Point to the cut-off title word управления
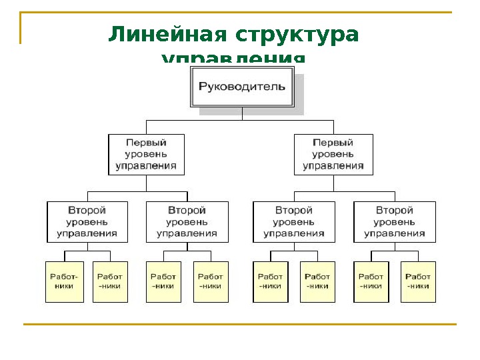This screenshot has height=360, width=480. coord(233,59)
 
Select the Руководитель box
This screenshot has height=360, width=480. coord(243,87)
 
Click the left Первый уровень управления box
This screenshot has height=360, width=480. coord(146,154)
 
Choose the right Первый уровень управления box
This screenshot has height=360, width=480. coord(333,154)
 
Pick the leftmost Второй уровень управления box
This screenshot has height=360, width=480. coord(87,221)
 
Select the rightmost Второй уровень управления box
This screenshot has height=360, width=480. coord(395,221)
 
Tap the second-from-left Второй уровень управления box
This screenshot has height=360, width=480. coord(187,221)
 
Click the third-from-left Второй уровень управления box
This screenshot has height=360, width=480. coord(294,221)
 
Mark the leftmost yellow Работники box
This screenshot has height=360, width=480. coord(65,281)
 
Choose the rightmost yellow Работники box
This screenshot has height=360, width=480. coord(418,281)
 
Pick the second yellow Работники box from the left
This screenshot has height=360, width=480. coord(110,281)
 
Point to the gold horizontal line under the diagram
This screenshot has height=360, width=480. coord(240,324)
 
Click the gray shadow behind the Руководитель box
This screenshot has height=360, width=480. coord(299,110)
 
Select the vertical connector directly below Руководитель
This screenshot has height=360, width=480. coord(243,113)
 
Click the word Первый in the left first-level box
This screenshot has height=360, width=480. coord(146,143)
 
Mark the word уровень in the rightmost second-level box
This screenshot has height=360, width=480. coord(395,221)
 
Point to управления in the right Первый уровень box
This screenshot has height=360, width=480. coord(333,166)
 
